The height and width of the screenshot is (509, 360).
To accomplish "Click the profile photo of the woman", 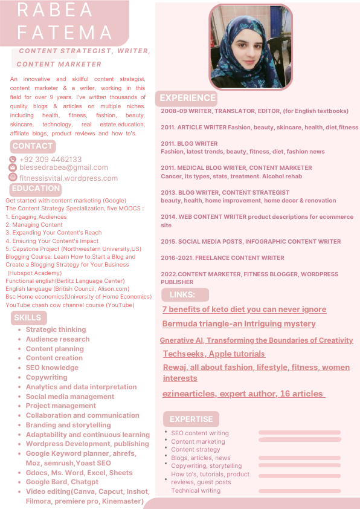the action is click(x=251, y=46).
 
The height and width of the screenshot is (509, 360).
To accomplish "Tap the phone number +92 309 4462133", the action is click(x=50, y=160).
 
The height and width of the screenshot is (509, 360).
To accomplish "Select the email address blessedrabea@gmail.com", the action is click(x=63, y=167).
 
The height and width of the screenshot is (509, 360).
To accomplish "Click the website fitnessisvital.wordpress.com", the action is click(x=68, y=178).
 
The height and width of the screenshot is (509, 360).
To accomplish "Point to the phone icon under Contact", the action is click(x=13, y=160).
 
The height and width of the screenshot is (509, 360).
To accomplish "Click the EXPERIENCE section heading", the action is click(x=187, y=98).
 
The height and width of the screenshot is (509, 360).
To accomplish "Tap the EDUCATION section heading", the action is click(x=36, y=189).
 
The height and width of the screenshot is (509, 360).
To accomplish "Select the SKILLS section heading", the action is click(x=27, y=318).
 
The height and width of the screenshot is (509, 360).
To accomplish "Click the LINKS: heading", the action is click(x=183, y=295).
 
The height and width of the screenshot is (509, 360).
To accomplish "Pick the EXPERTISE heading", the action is click(x=191, y=419).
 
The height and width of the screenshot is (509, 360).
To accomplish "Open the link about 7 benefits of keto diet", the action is click(x=244, y=310).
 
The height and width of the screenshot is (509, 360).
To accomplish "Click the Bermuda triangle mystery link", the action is click(x=239, y=324).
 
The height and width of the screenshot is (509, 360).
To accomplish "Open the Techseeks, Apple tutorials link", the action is click(x=214, y=354).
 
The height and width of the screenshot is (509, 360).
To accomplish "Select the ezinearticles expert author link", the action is click(x=243, y=394).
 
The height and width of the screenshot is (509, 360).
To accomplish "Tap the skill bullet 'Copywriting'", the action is click(x=47, y=377).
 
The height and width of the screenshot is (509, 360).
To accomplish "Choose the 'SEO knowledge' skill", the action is click(x=52, y=368).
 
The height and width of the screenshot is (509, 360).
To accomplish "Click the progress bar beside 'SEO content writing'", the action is click(x=299, y=432).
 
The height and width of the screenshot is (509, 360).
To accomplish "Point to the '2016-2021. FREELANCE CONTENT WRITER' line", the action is click(x=222, y=258).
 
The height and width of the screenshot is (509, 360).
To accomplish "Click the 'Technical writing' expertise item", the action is click(x=196, y=490).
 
